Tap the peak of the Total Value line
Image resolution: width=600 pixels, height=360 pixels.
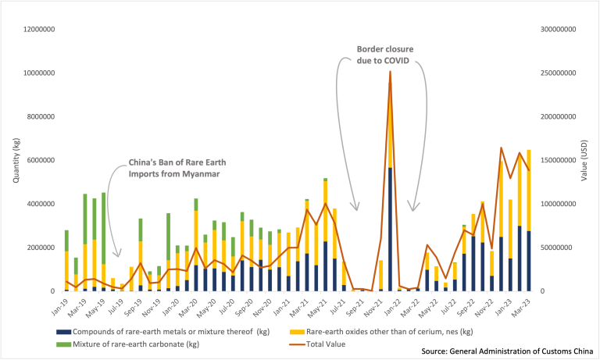[390, 72]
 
